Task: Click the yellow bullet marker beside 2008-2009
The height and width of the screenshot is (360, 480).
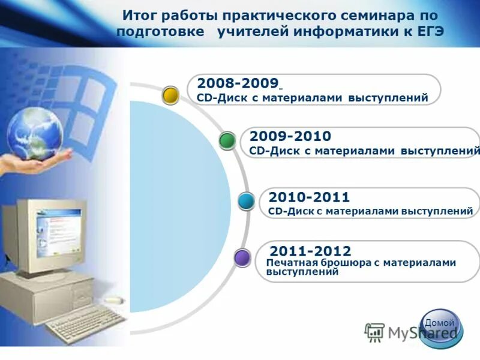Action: [171, 94]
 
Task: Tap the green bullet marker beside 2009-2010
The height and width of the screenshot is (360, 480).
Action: [227, 140]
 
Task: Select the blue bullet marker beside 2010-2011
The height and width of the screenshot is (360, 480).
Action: [247, 200]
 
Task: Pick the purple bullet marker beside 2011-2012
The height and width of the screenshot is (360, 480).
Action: [242, 258]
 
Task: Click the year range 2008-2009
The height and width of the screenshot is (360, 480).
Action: [237, 83]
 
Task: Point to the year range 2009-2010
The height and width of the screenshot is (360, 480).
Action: [290, 136]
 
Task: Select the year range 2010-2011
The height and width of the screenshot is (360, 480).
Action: [309, 197]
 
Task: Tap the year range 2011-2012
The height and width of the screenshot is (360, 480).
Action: [311, 251]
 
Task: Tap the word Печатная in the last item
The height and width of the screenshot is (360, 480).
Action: [292, 263]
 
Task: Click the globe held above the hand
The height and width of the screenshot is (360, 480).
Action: [35, 134]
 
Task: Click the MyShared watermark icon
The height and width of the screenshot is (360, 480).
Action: [375, 331]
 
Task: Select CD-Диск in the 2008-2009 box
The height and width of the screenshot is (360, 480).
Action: [218, 98]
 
